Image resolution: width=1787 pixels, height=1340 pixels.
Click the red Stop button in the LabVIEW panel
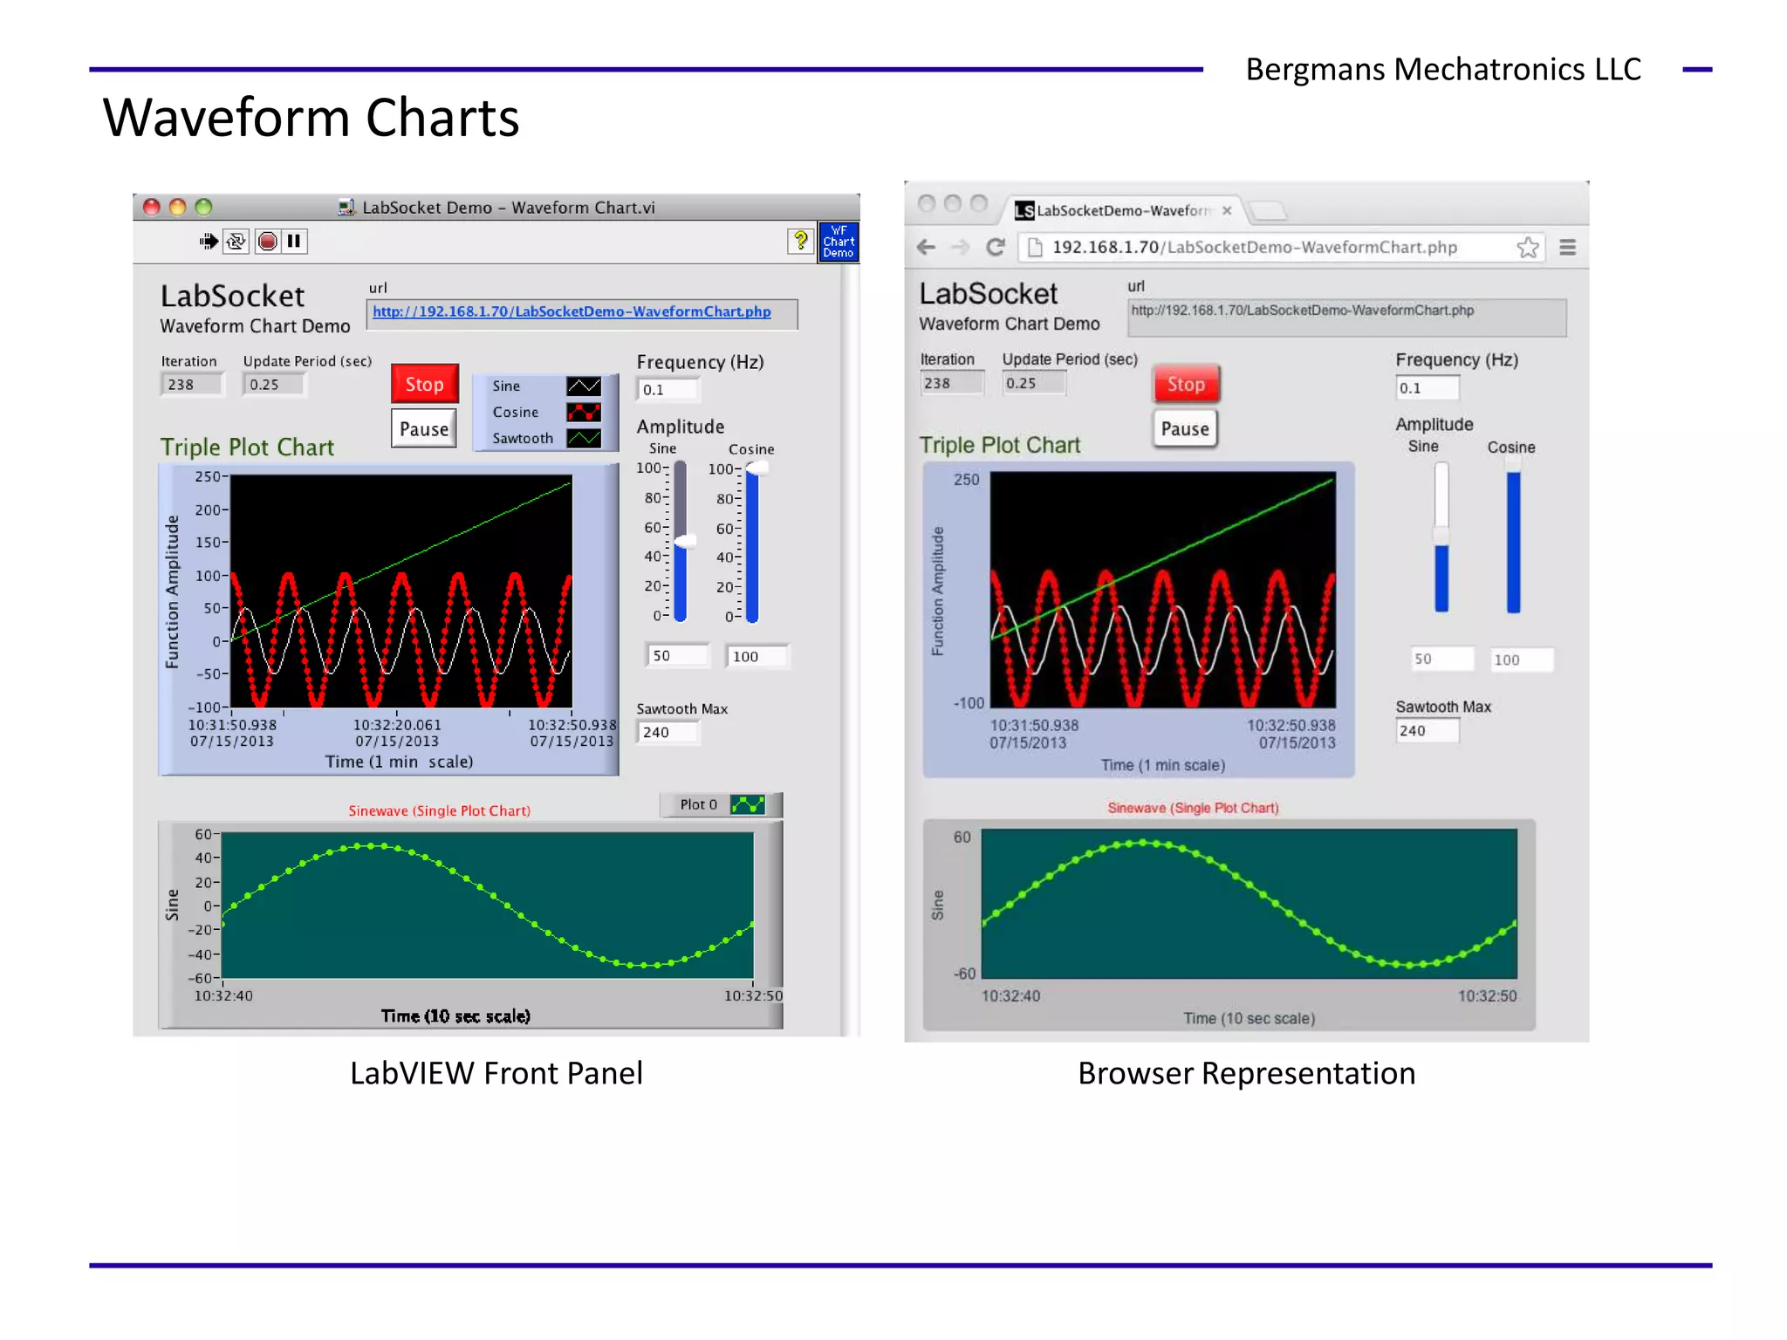(424, 384)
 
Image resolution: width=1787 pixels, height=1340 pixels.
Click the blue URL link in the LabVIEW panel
(572, 311)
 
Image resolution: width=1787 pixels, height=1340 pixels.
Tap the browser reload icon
(995, 247)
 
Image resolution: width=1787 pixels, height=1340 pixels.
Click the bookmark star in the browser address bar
(1528, 248)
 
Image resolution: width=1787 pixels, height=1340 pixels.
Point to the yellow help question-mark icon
(799, 241)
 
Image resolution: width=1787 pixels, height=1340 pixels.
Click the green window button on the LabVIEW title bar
(203, 207)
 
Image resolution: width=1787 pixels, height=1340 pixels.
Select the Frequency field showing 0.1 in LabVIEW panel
(668, 390)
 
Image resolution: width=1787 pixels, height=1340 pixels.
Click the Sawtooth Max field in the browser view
(1426, 731)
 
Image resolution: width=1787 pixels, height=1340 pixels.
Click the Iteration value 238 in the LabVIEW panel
(191, 385)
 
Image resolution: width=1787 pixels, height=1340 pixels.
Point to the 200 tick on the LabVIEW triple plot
(209, 509)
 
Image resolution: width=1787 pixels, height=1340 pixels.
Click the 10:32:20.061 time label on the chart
(397, 725)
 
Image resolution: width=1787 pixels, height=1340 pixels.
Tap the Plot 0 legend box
(721, 804)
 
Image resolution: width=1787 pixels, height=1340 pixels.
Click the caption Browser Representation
(1246, 1073)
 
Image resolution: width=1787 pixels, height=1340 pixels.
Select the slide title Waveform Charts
(311, 118)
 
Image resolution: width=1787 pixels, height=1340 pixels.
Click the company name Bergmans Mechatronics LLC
(1443, 69)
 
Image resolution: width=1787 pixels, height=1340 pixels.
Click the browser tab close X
(1227, 210)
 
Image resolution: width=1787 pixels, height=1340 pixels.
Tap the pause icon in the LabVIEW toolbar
(294, 241)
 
